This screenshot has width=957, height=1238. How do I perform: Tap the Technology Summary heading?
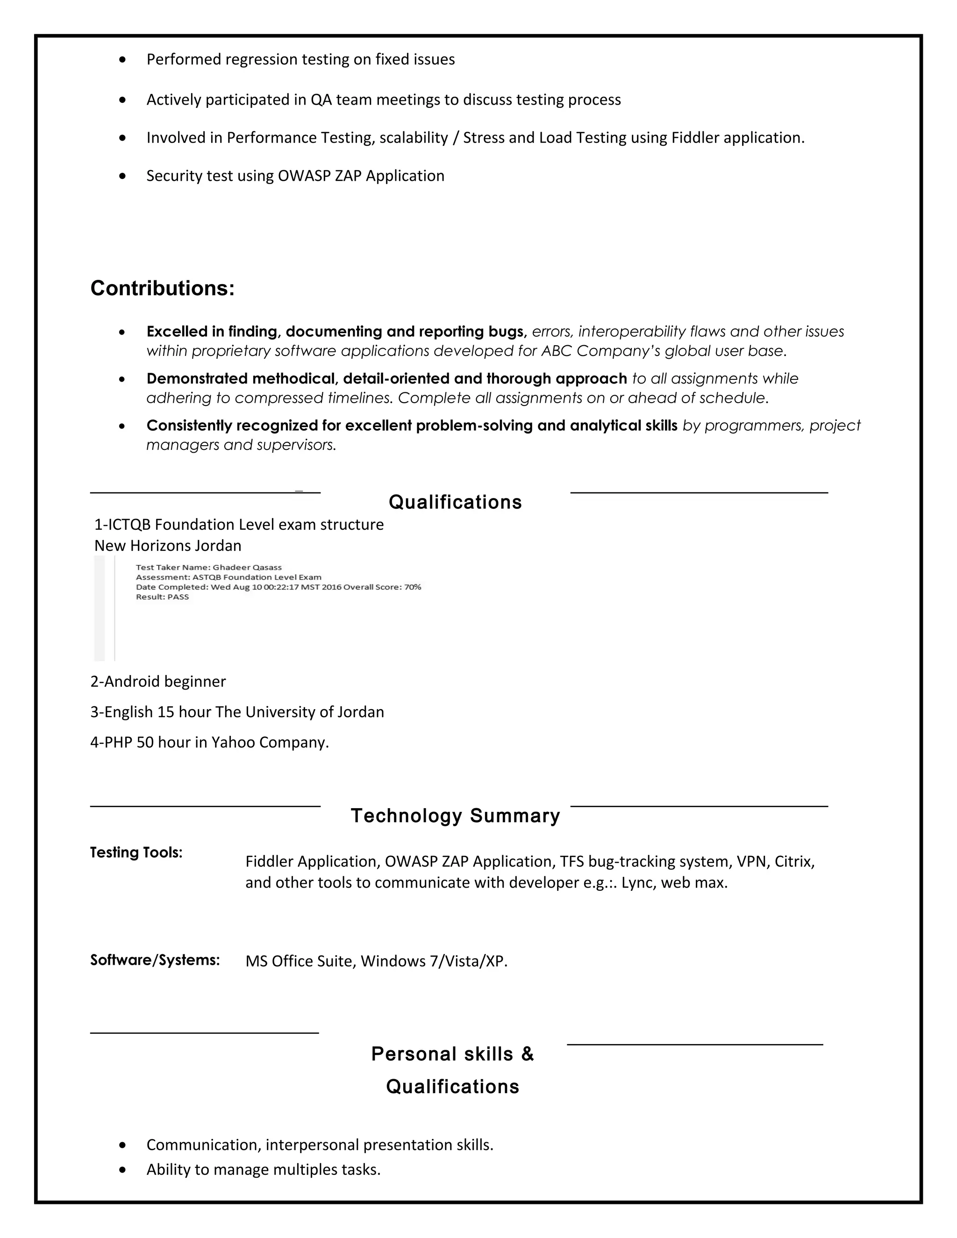click(455, 815)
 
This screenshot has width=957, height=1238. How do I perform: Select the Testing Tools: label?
click(136, 852)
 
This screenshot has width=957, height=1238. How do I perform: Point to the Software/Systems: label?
click(155, 960)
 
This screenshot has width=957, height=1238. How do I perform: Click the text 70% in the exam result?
click(413, 587)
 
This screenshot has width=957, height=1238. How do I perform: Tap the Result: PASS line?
click(162, 597)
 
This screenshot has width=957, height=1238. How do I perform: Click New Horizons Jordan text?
click(168, 545)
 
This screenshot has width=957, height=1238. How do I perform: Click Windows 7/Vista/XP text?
click(434, 961)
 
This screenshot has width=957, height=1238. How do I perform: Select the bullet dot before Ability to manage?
click(123, 1169)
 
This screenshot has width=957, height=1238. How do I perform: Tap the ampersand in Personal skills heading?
click(527, 1054)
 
